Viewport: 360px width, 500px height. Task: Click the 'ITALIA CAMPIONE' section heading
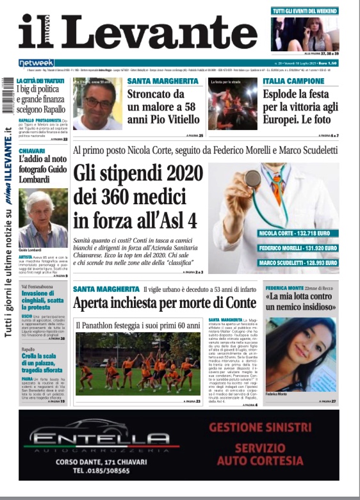(x=294, y=81)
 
